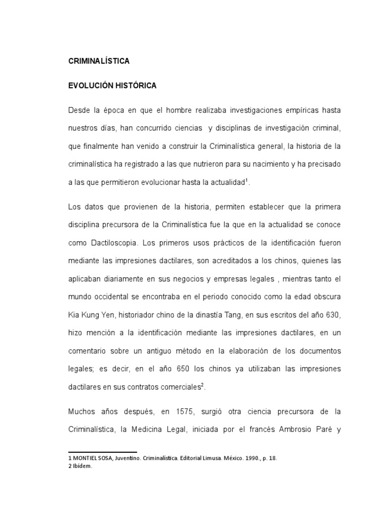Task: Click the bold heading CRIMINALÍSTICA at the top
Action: pos(99,61)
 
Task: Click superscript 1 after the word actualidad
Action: pos(246,180)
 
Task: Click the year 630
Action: pos(332,316)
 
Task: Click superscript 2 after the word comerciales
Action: pos(203,385)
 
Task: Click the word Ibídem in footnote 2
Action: pos(83,467)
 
